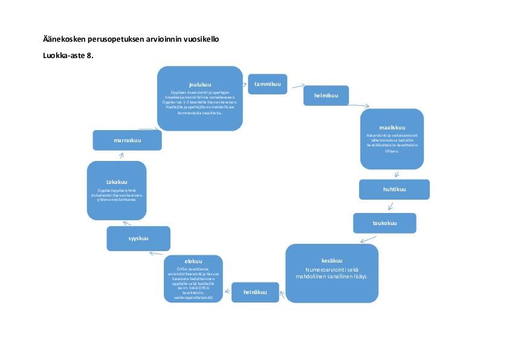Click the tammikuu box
click(267, 83)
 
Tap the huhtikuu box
click(394, 189)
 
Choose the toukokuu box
click(384, 223)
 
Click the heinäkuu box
click(256, 292)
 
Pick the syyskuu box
click(138, 238)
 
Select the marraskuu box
click(127, 141)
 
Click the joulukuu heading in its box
click(200, 85)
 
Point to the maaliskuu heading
click(391, 128)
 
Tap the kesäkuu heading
click(332, 261)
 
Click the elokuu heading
click(193, 261)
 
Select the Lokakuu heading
click(117, 182)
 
